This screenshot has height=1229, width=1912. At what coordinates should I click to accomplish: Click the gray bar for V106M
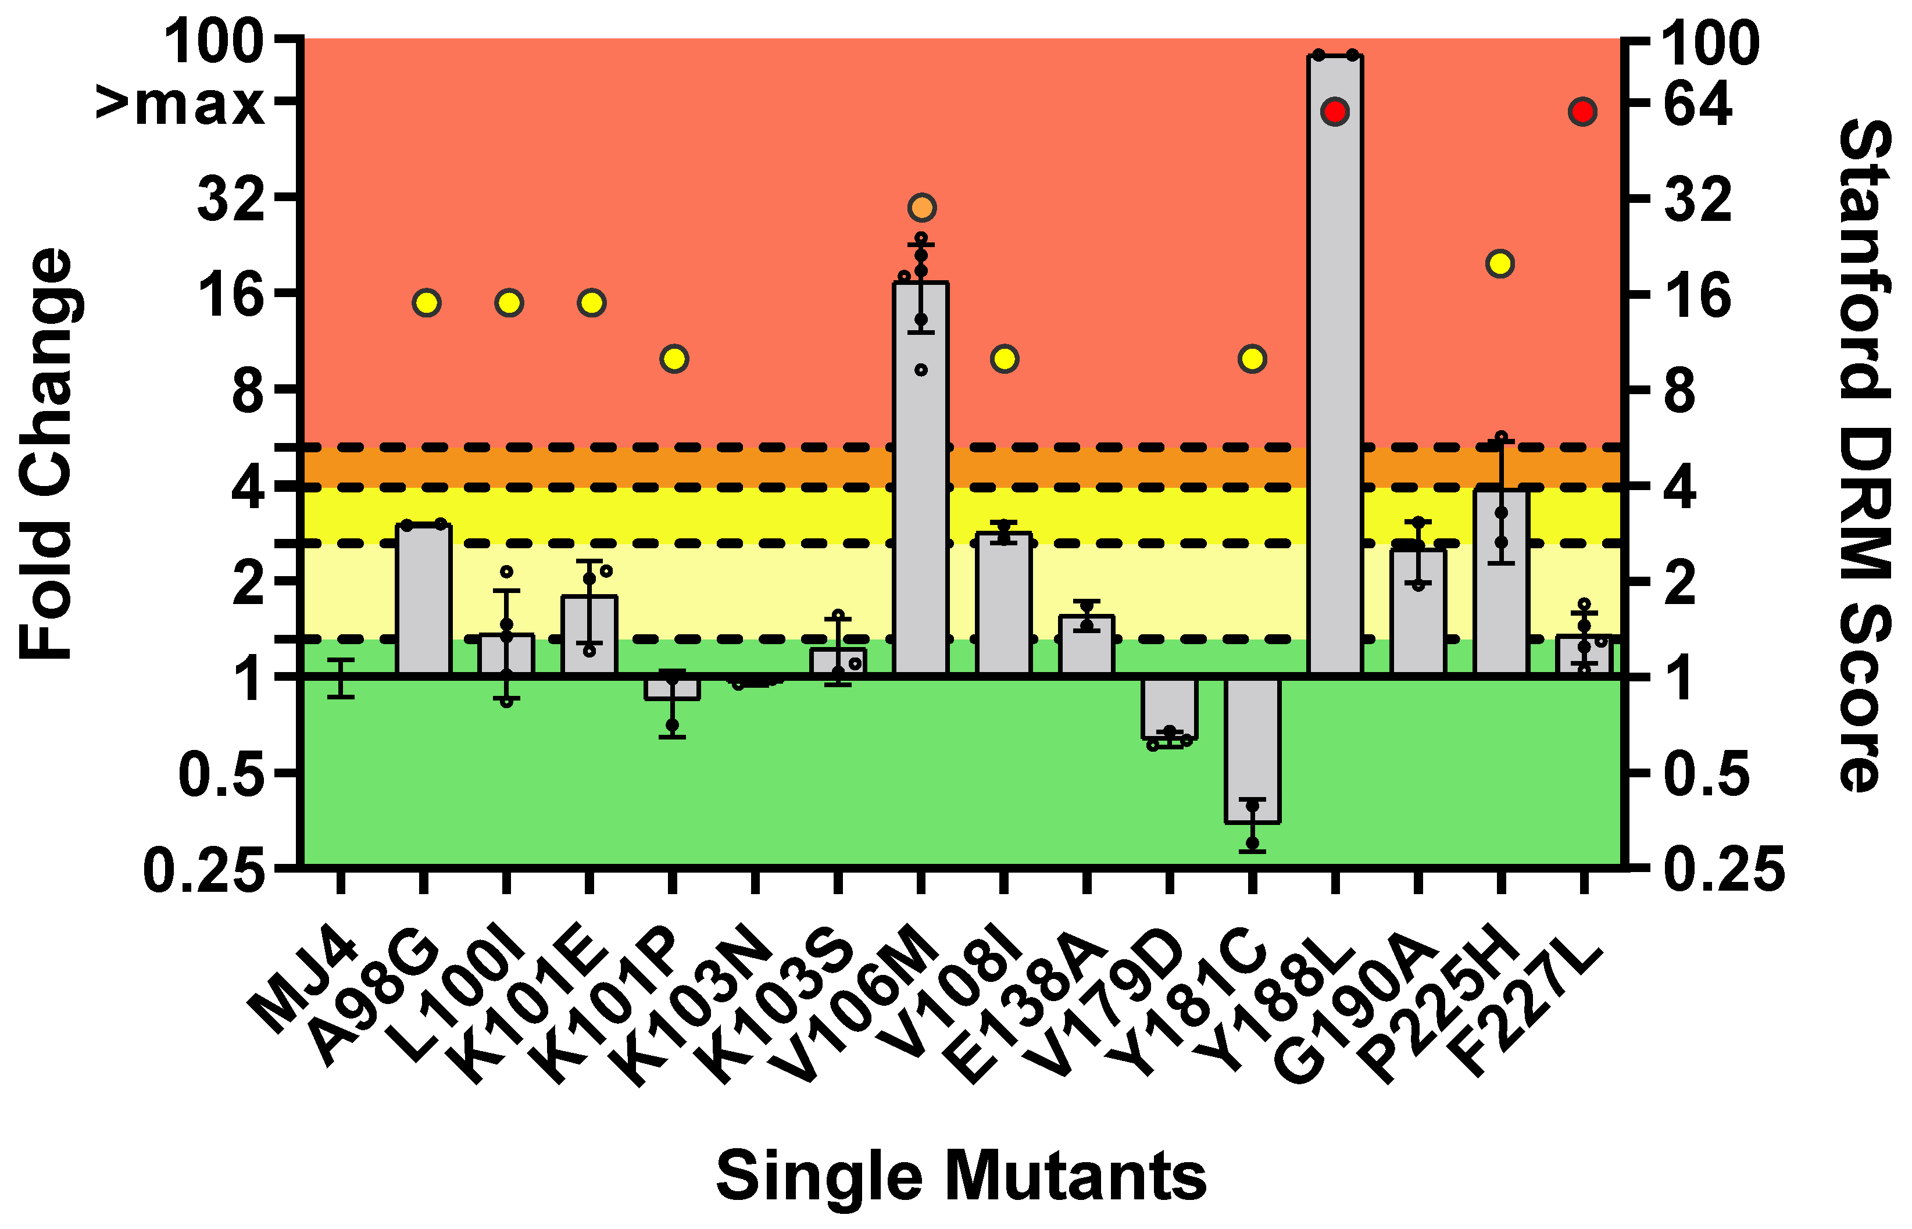pyautogui.click(x=921, y=479)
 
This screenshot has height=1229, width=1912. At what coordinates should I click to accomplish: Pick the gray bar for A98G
pyautogui.click(x=424, y=599)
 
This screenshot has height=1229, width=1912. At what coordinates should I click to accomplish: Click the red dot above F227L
pyautogui.click(x=1582, y=112)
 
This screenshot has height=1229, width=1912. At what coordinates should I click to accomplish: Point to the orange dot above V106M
pyautogui.click(x=921, y=208)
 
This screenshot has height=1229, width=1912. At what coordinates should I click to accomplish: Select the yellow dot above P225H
pyautogui.click(x=1499, y=263)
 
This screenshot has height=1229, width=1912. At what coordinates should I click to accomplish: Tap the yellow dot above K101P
pyautogui.click(x=674, y=359)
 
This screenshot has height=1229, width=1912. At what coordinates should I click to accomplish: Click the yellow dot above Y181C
pyautogui.click(x=1252, y=359)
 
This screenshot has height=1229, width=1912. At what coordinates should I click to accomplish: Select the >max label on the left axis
pyautogui.click(x=180, y=103)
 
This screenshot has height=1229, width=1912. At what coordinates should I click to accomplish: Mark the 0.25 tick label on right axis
pyautogui.click(x=1724, y=870)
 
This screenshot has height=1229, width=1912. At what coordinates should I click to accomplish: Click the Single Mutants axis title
pyautogui.click(x=961, y=1175)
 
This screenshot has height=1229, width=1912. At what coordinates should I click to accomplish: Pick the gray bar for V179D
pyautogui.click(x=1169, y=707)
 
